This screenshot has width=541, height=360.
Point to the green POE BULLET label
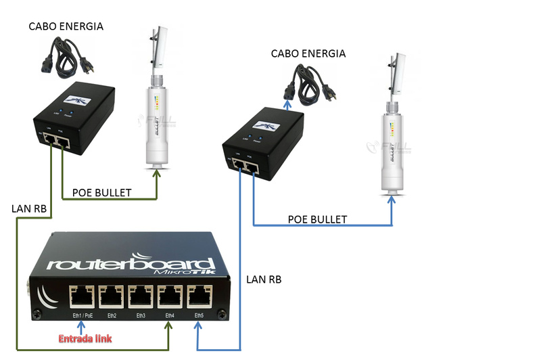pyautogui.click(x=111, y=193)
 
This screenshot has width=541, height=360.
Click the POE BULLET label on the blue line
pyautogui.click(x=317, y=219)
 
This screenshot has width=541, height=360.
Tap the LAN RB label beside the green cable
pyautogui.click(x=29, y=209)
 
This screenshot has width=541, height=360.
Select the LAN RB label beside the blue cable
pyautogui.click(x=264, y=279)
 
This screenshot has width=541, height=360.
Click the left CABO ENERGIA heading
pyautogui.click(x=66, y=26)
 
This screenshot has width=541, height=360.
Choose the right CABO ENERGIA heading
pyautogui.click(x=308, y=53)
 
